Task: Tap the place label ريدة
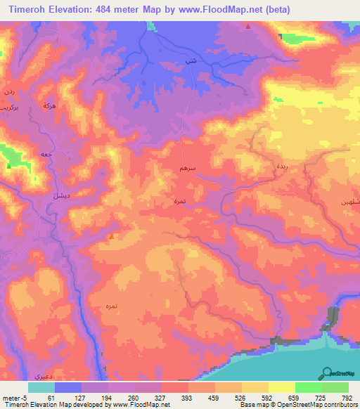278,167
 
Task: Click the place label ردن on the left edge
8,91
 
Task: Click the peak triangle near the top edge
248,27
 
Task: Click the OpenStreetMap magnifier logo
326,372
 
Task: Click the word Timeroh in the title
27,9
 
